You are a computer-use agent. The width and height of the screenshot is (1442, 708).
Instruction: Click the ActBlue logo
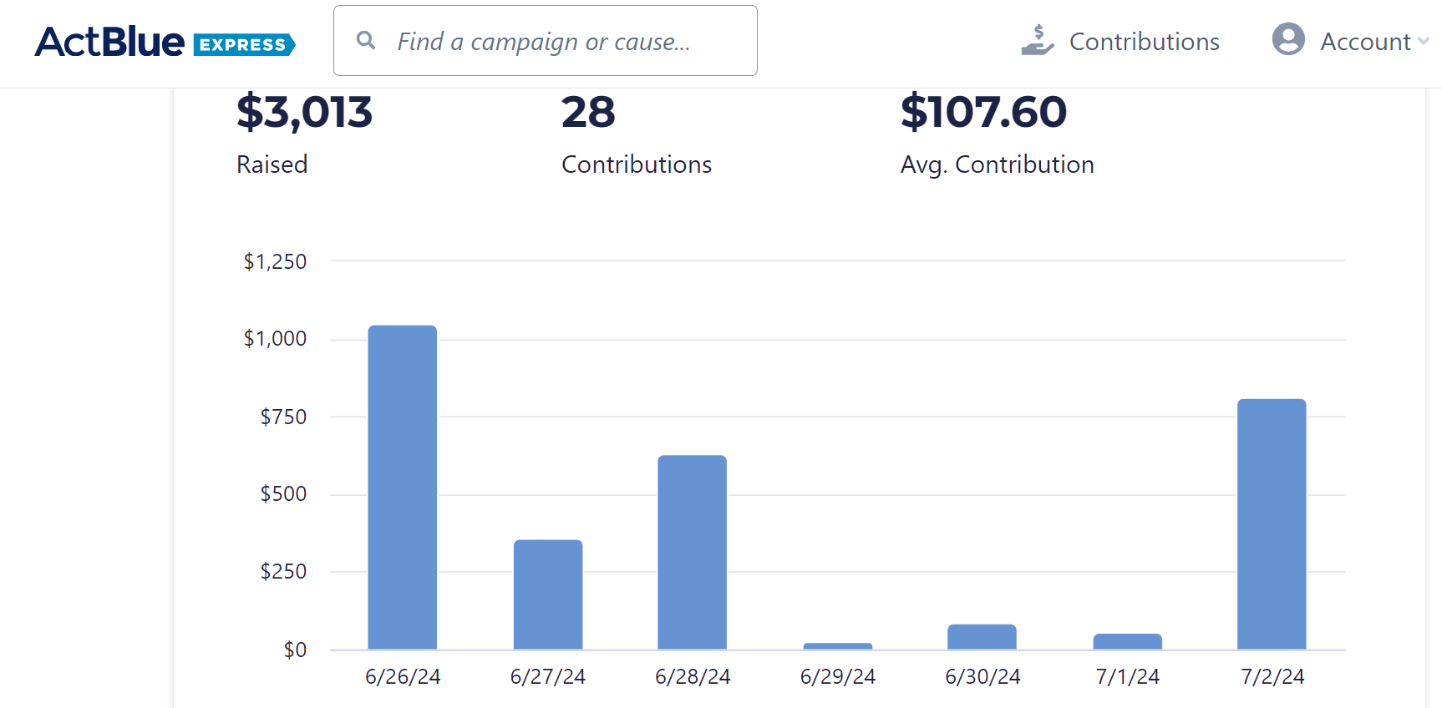point(165,42)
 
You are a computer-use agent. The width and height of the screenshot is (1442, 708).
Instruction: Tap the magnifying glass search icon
point(365,40)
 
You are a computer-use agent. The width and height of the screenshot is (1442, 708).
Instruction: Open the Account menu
point(1365,42)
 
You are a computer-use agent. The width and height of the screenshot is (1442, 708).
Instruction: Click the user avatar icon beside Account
point(1287,39)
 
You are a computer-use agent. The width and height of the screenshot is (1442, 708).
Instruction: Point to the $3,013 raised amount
point(304,112)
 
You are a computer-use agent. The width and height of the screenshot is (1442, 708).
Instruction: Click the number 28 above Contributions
point(588,112)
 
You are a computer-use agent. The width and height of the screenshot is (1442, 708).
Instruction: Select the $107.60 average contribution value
point(983,112)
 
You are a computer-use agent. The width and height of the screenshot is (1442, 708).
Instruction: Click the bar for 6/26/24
point(402,488)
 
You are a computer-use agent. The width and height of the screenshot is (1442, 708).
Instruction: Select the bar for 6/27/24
point(547,594)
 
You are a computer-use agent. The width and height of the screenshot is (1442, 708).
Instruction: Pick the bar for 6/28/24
point(692,552)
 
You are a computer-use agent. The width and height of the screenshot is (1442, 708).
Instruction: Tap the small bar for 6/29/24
point(837,646)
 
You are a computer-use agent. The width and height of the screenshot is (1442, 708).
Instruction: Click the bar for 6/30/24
point(982,637)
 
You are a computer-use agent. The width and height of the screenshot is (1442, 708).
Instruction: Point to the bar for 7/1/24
point(1127,641)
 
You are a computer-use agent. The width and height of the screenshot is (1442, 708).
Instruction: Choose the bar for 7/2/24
point(1271,524)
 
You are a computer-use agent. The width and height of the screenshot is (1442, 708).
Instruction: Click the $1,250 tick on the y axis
point(275,261)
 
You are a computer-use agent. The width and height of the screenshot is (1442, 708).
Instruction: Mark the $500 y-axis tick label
point(283,493)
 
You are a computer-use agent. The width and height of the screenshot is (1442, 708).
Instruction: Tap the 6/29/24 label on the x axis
point(837,676)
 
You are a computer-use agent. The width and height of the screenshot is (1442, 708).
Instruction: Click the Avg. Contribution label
point(997,164)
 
